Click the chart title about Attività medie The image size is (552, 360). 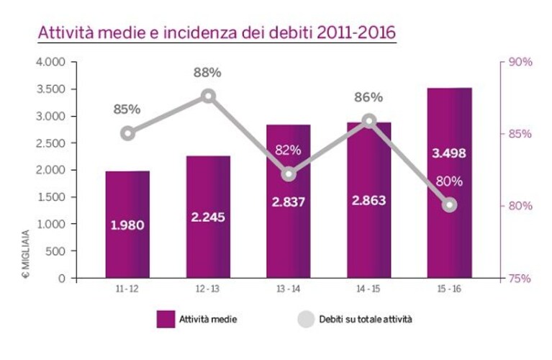pos(217,32)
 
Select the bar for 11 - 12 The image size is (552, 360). pos(127,225)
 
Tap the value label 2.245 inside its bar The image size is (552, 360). pos(208,217)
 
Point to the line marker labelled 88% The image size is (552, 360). pos(209,96)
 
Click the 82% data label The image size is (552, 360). pos(288,150)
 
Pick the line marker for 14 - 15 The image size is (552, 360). pos(369,121)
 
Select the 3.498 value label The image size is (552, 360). pos(449,153)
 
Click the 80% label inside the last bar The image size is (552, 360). pos(449,181)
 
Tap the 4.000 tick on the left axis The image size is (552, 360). pos(50,62)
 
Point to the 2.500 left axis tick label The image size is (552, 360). pos(50,143)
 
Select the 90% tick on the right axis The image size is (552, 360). pos(520,62)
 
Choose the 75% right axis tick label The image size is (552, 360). pos(520,279)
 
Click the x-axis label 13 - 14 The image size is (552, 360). pos(289,289)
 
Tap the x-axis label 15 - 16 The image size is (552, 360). pos(449,289)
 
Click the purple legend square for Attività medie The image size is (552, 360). pos(166,319)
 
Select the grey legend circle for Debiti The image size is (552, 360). pos(306,319)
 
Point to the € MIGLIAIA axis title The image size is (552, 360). pos(27,253)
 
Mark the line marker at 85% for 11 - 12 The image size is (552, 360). pos(128,134)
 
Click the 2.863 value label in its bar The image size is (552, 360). pos(369,200)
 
